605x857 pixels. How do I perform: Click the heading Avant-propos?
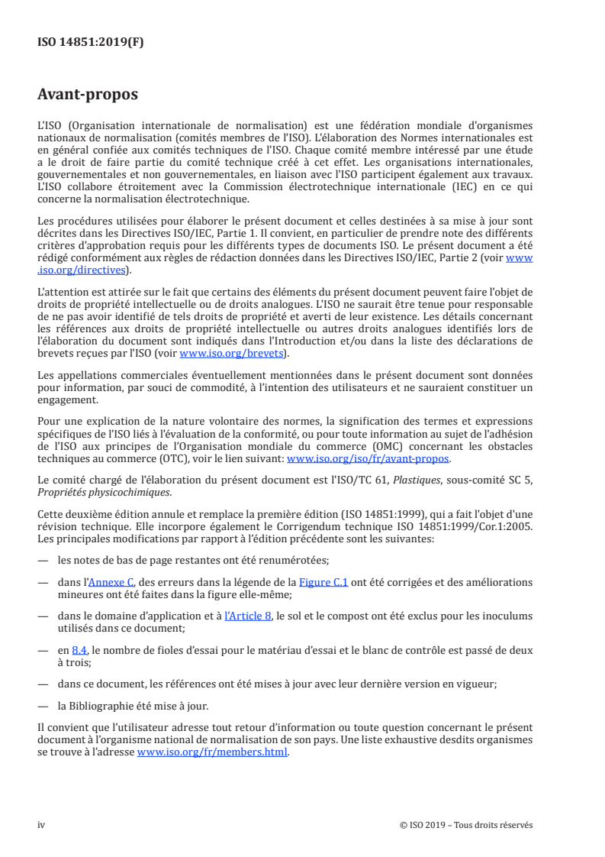click(88, 95)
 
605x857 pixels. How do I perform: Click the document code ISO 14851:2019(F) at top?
click(90, 43)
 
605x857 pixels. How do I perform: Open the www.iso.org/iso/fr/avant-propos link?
click(368, 459)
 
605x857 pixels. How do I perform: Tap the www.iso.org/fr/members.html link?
click(212, 752)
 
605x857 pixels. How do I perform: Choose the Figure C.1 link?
click(325, 582)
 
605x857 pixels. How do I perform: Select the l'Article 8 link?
click(248, 616)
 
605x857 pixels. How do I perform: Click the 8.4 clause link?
click(80, 649)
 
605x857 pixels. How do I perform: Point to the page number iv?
click(41, 825)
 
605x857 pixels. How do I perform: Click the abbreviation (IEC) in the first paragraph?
click(460, 189)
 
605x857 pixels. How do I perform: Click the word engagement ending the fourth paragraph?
click(67, 399)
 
